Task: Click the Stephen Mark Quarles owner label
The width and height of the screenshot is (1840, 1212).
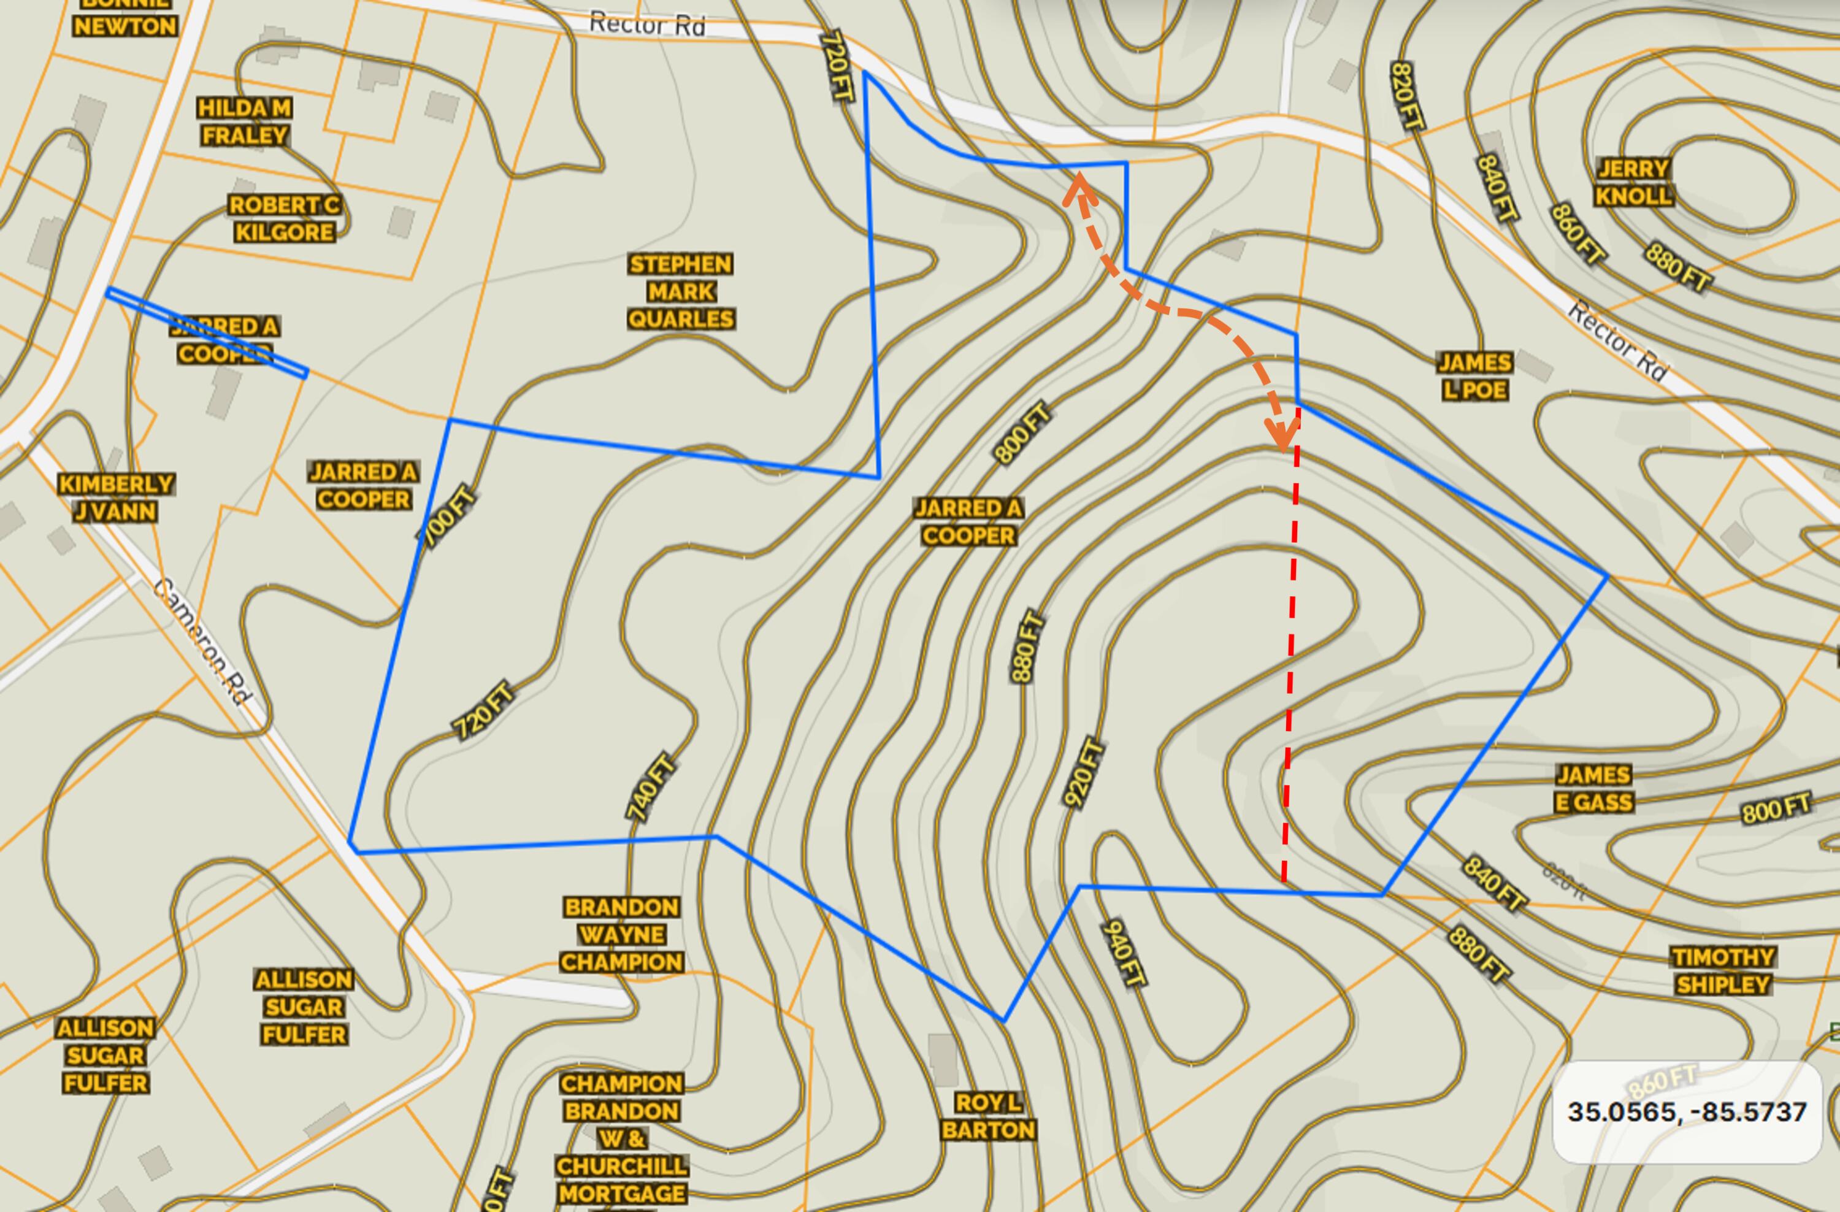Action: pyautogui.click(x=680, y=291)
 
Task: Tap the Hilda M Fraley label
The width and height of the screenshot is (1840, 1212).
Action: pyautogui.click(x=244, y=121)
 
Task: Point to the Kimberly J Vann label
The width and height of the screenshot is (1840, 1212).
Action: pyautogui.click(x=116, y=498)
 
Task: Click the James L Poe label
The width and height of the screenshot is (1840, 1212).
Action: pyautogui.click(x=1474, y=377)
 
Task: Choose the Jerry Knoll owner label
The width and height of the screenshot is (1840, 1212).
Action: pyautogui.click(x=1633, y=182)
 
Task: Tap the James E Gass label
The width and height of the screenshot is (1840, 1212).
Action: pyautogui.click(x=1593, y=788)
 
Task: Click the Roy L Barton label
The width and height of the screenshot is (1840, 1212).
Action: pyautogui.click(x=989, y=1116)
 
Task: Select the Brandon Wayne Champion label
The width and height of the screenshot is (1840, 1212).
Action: pyautogui.click(x=621, y=935)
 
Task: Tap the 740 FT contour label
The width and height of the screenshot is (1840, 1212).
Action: pyautogui.click(x=651, y=787)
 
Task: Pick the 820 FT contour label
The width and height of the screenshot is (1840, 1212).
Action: pyautogui.click(x=1406, y=96)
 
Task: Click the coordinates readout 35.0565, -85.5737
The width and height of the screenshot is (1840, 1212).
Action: pyautogui.click(x=1687, y=1111)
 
